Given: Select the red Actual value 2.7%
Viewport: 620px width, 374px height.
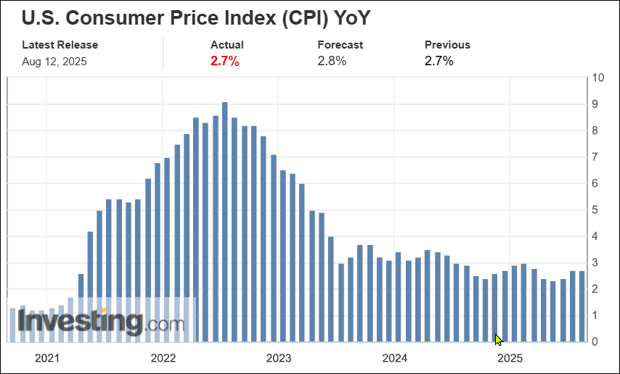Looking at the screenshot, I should pos(225,61).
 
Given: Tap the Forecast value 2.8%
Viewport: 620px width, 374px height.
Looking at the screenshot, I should pos(332,61).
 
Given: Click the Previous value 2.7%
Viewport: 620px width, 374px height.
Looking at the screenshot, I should pos(439,61).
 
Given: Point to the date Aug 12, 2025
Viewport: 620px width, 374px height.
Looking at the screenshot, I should pos(54,61).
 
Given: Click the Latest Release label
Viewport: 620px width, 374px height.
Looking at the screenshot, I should pos(60,45).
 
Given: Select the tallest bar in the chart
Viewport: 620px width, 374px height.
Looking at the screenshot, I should pos(225,221).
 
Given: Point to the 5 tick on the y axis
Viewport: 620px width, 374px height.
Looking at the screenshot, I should pos(596,209).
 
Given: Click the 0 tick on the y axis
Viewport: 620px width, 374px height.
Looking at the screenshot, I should pos(596,341).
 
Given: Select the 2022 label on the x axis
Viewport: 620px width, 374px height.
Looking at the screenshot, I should pos(163,358).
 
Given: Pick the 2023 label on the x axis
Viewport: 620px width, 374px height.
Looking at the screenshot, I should pos(279,358).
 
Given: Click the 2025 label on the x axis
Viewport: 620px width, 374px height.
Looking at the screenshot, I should pos(510,358).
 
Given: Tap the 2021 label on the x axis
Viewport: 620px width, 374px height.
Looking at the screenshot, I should pos(47,358).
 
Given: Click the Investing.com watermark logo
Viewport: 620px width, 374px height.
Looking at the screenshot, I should pos(102,322).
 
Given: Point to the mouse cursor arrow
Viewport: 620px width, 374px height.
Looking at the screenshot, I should pos(498,338).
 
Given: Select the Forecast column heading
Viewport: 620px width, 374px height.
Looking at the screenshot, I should pos(340,45).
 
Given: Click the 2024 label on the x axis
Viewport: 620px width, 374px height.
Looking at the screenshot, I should pos(395,358).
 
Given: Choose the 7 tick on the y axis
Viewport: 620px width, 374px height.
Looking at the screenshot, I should pos(596,157).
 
